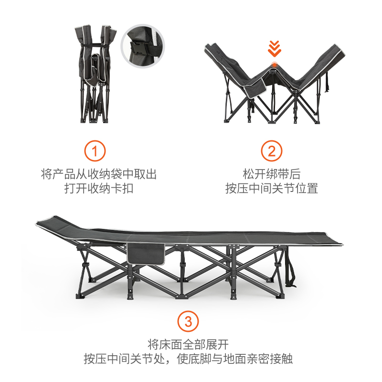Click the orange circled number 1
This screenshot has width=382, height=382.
pos(95,151)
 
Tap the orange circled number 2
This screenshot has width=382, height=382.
pos(271,151)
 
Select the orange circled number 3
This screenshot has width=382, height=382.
pos(188,321)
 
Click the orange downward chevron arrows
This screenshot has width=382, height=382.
pos(275,49)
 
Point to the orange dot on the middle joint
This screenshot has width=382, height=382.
pos(275,65)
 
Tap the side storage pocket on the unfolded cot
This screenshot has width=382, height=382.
pos(146,254)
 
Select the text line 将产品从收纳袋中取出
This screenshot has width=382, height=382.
pos(99,174)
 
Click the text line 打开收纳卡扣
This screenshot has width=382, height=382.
pos(99,188)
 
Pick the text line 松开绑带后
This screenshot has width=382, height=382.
pos(271,174)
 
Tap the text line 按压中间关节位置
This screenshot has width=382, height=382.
pos(271,188)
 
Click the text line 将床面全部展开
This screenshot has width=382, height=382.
pos(188,344)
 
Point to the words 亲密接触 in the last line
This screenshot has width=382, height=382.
pos(269,359)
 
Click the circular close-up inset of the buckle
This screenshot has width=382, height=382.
pos(142,46)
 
